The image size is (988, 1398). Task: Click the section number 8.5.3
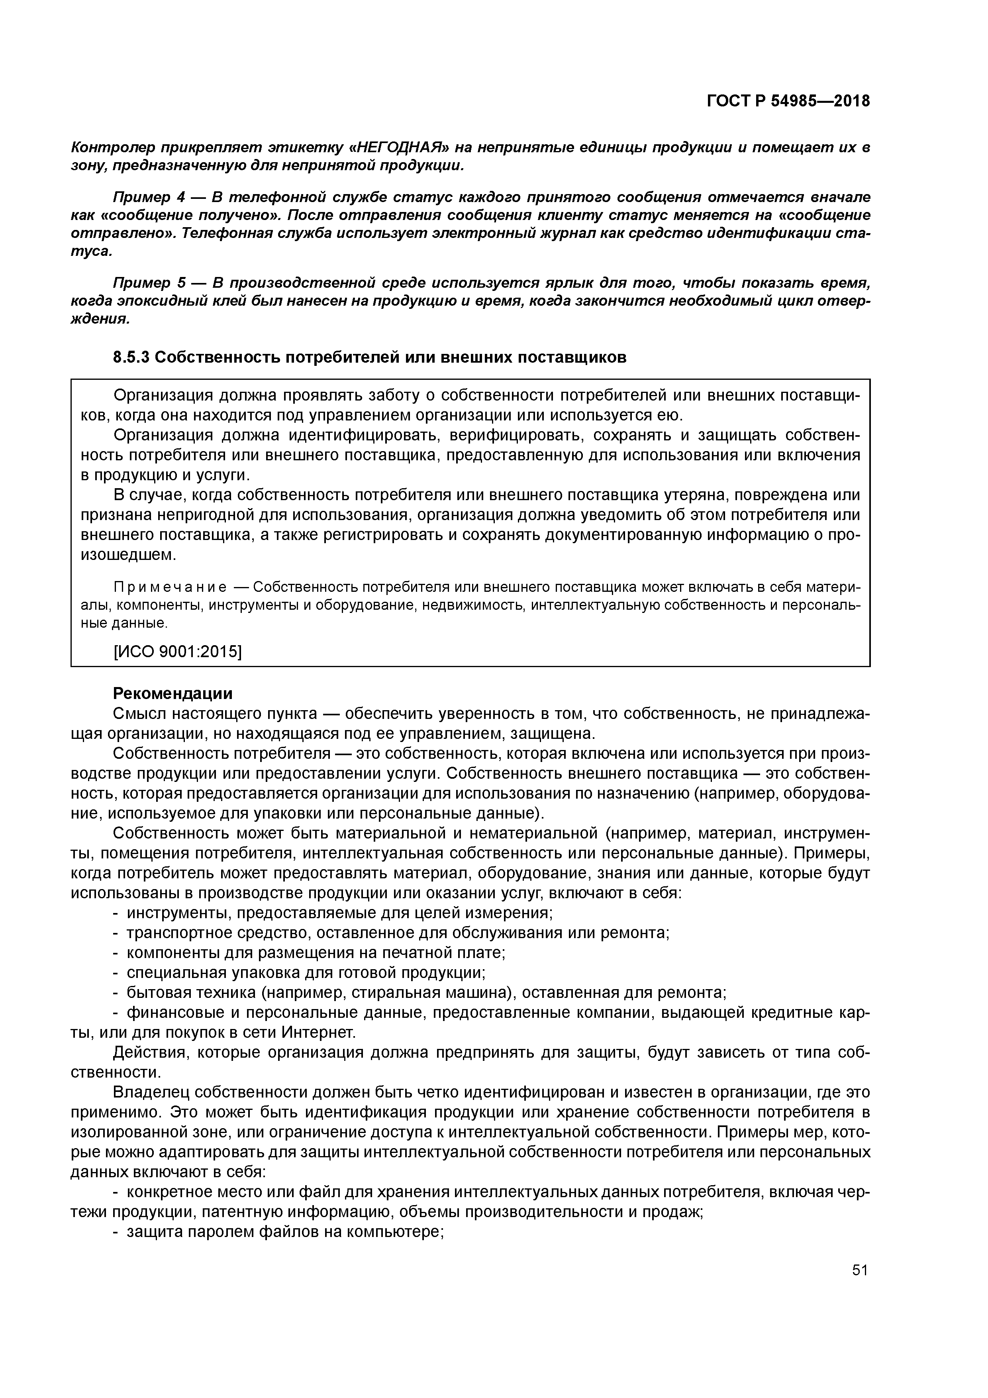tap(131, 357)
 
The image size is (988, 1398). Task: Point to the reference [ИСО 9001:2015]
tap(178, 652)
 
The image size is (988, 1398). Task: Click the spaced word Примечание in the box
tap(171, 587)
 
